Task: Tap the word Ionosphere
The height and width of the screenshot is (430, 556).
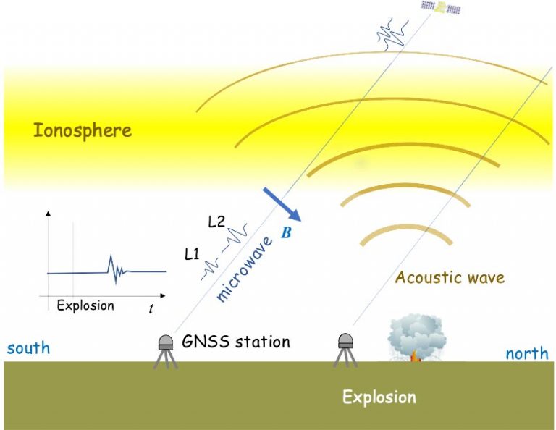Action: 83,131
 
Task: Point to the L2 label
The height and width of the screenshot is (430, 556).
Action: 216,222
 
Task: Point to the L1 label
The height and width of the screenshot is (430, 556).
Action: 192,254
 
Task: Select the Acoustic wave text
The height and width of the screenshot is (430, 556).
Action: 449,277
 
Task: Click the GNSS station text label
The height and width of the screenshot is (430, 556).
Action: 236,342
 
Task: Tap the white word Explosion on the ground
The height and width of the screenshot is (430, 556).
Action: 379,397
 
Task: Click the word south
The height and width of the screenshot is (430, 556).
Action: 28,348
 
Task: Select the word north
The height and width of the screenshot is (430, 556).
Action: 526,354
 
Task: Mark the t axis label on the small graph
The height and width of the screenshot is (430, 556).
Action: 151,309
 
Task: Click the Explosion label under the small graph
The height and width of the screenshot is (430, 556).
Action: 85,305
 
